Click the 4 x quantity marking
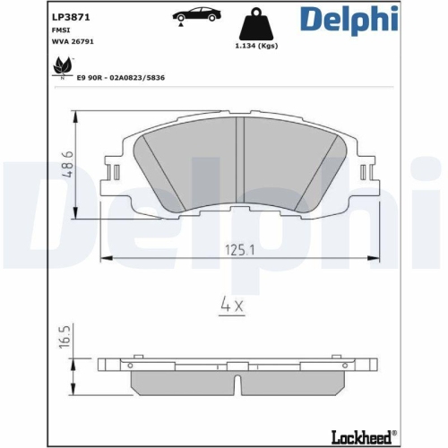click(234, 304)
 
